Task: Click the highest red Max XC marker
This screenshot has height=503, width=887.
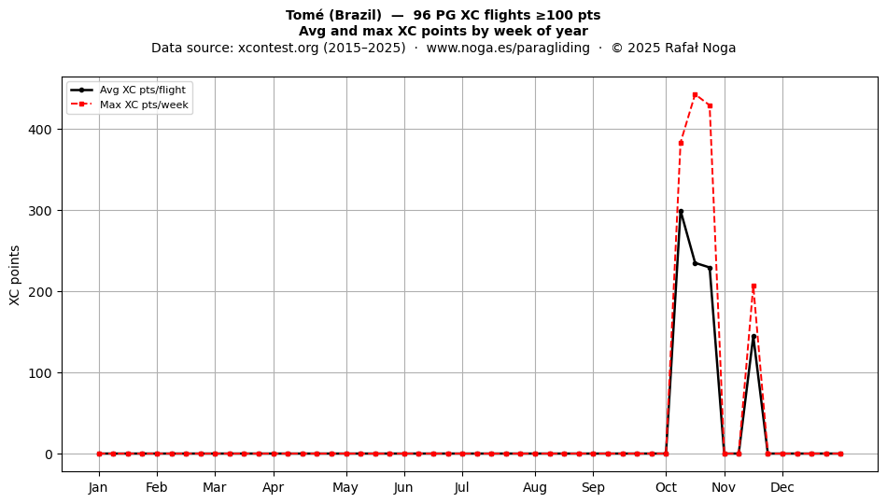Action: point(696,95)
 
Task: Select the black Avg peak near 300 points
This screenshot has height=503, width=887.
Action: point(681,212)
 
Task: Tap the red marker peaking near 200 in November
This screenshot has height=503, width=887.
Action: point(753,286)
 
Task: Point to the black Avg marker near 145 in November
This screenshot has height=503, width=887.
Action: point(753,337)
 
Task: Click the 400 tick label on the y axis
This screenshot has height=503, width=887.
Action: point(39,130)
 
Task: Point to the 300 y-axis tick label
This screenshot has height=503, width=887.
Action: point(39,211)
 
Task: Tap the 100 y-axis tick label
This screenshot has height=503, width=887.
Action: point(39,373)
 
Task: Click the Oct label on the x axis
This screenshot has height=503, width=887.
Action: point(666,487)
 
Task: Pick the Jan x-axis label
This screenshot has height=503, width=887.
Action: point(98,487)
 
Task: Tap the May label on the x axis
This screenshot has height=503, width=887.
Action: point(345,488)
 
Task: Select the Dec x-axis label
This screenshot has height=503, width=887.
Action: point(782,487)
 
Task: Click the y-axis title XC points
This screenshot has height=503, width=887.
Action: point(15,275)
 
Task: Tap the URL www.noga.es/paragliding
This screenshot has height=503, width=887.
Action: point(508,48)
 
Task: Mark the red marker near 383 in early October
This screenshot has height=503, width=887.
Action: point(681,143)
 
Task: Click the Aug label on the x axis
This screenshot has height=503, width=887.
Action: point(535,488)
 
